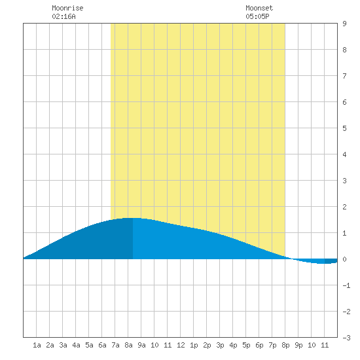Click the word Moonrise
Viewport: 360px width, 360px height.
(67, 8)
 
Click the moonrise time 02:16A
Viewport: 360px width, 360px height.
(63, 16)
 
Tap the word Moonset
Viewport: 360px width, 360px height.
(259, 8)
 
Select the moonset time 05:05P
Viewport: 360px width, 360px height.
(257, 16)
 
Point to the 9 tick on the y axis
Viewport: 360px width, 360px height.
(344, 24)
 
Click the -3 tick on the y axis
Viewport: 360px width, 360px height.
(346, 338)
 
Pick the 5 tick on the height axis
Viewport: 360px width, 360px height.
(344, 128)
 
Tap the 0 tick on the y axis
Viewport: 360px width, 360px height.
(344, 259)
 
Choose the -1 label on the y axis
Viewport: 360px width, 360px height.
(346, 285)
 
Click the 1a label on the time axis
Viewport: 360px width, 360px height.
(37, 345)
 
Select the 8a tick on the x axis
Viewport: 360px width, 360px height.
(128, 345)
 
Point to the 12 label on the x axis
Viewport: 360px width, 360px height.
(181, 345)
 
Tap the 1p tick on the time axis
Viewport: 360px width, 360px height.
(194, 345)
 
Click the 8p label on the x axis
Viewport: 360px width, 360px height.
(285, 345)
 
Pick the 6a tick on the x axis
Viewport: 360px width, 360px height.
(102, 345)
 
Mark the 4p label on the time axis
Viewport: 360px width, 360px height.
(233, 345)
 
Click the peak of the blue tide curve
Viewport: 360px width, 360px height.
(133, 218)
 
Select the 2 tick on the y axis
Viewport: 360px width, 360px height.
(344, 207)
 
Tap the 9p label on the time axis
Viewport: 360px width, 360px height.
(298, 345)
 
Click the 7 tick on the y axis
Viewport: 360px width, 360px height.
(344, 76)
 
